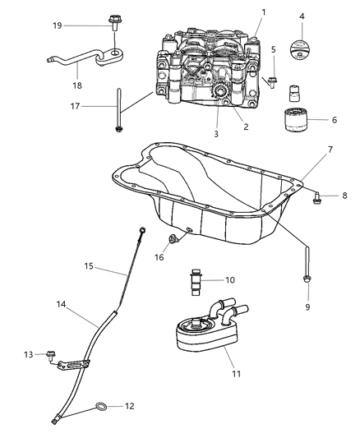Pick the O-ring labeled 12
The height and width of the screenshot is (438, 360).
(99, 406)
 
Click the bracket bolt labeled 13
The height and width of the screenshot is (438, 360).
(50, 356)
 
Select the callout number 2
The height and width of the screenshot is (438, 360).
(244, 127)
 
